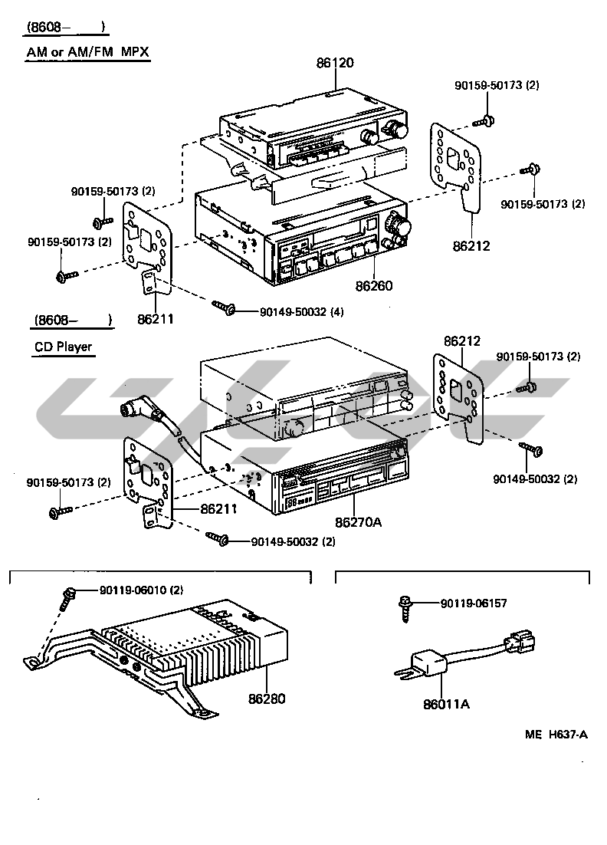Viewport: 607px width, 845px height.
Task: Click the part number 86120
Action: pos(335,63)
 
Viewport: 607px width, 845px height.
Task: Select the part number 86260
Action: pos(373,286)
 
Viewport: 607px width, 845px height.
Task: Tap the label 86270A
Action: pos(357,522)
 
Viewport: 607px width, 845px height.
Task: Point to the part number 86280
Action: pos(266,699)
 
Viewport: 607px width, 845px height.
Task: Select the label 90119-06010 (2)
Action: pos(141,590)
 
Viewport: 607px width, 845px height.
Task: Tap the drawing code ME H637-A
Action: pos(556,735)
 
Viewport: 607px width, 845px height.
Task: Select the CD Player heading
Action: pos(63,347)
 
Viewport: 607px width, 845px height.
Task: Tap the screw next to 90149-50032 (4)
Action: pos(224,308)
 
